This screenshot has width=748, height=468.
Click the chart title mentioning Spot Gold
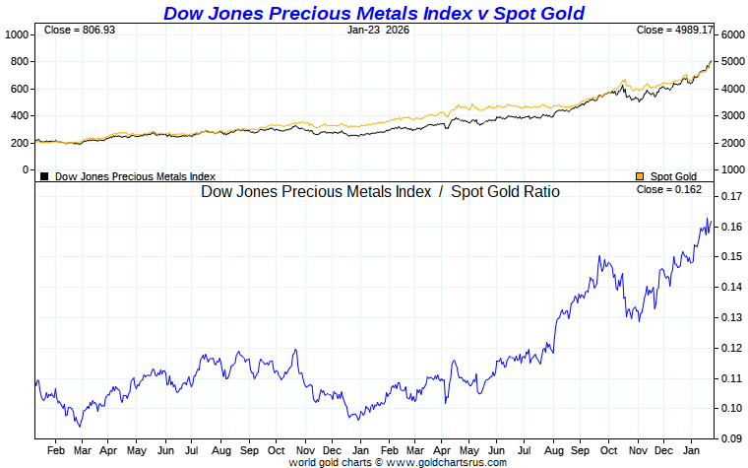[374, 13]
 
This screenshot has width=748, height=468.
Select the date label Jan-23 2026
[378, 31]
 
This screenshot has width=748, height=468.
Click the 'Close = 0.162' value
[669, 189]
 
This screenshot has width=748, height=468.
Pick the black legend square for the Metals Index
[44, 176]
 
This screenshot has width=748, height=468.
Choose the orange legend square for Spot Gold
[640, 176]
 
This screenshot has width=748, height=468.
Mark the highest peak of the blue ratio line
[708, 219]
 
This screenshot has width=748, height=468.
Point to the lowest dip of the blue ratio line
[79, 426]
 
